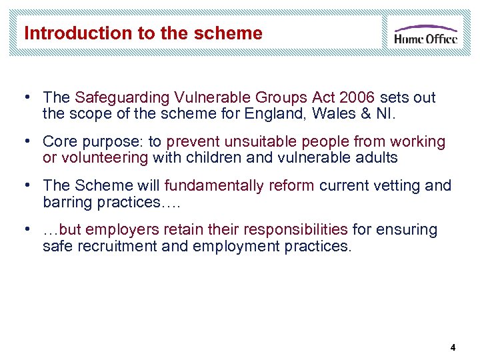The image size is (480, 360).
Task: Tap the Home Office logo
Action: (x=425, y=33)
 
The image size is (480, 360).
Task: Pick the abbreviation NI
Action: (x=386, y=113)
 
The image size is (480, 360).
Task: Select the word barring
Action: (x=65, y=201)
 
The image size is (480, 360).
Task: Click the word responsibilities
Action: (x=295, y=229)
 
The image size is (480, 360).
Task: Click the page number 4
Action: (x=453, y=347)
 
